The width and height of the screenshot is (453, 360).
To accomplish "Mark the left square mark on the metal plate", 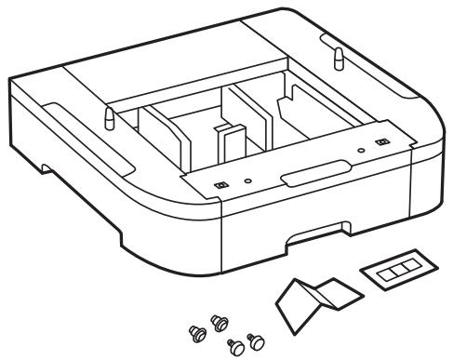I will tap(220, 184).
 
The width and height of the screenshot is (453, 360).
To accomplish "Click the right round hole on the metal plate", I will tap(360, 147).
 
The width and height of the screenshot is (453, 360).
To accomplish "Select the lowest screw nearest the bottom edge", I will tap(236, 346).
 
